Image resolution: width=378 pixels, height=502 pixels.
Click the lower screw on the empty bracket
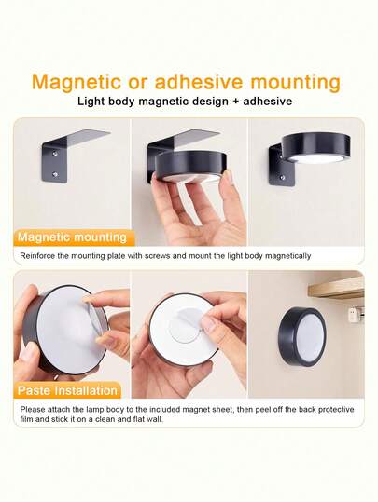tap(53, 174)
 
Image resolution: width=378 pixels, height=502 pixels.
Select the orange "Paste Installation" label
tap(67, 390)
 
